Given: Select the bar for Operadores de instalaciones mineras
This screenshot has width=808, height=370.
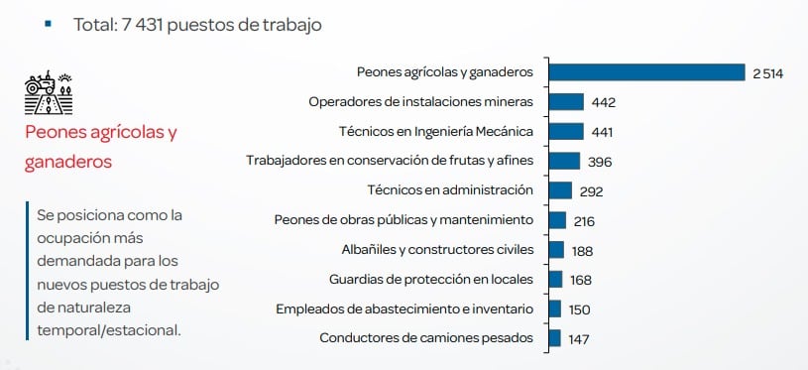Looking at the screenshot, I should [566, 101].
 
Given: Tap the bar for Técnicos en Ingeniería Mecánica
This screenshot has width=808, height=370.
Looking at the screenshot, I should [566, 131].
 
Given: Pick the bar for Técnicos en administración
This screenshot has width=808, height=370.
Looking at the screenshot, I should [560, 190].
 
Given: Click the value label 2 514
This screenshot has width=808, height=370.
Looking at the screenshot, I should [767, 73].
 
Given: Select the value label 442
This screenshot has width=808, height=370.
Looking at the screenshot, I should [603, 102].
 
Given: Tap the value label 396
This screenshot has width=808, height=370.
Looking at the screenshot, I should [599, 162].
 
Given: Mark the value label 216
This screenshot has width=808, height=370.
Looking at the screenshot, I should [583, 221].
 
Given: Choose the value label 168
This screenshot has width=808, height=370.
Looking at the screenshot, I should [581, 281].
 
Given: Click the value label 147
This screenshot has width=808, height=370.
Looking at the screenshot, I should [580, 339].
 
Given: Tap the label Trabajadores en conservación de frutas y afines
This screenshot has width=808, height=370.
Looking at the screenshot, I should [390, 160].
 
